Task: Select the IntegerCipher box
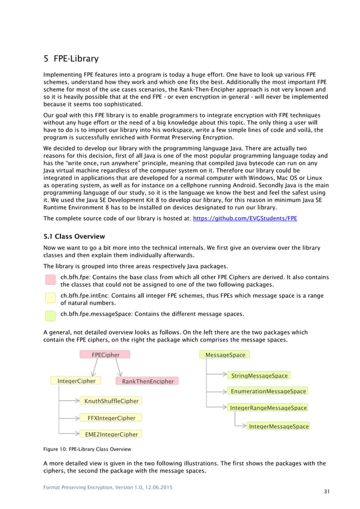76,381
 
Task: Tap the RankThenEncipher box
148,381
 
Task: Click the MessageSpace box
225,355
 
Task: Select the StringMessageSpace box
259,375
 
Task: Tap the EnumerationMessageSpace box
267,391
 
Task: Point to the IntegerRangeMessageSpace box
268,407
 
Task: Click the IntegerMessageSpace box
278,427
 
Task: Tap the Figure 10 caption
87,449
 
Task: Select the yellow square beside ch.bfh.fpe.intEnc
50,298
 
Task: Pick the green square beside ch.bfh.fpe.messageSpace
50,315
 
